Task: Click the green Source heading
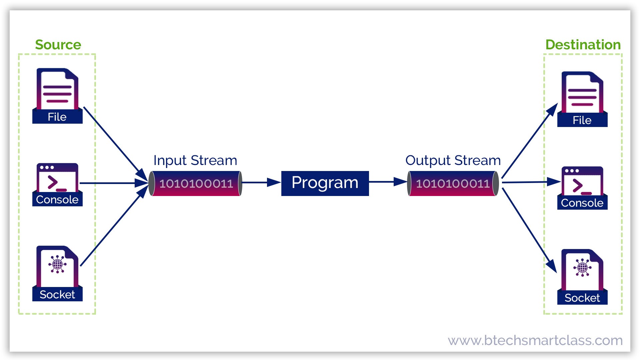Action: point(58,45)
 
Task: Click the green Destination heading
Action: point(583,45)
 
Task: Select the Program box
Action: point(325,183)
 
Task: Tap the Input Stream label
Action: point(195,161)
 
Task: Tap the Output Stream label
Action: point(453,161)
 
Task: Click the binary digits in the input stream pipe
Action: point(196,184)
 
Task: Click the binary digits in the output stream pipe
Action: point(453,184)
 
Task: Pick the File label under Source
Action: point(57,117)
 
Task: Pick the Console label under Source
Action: point(57,200)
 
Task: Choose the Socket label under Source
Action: point(57,295)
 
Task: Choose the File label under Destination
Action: point(582,120)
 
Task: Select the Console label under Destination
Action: point(582,203)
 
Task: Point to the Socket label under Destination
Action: point(582,298)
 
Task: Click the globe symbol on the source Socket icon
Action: point(57,264)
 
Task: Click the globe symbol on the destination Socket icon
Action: point(582,268)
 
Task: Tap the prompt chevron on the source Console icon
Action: point(53,182)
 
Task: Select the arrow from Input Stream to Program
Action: point(261,182)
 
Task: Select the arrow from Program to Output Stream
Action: point(388,182)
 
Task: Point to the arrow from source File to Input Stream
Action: point(116,144)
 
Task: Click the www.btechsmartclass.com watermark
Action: point(535,340)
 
